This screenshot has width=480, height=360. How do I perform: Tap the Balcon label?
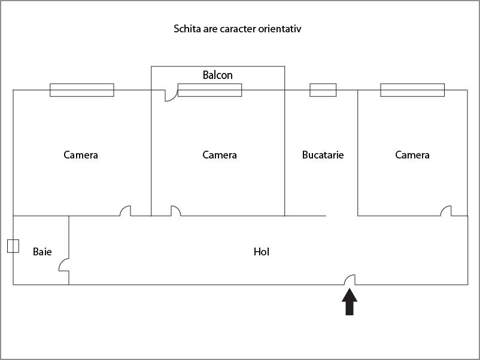pyautogui.click(x=217, y=75)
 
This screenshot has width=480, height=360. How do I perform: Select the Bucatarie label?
pyautogui.click(x=323, y=155)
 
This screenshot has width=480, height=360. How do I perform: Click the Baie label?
pyautogui.click(x=42, y=252)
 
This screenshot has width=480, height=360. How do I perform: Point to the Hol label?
pyautogui.click(x=262, y=252)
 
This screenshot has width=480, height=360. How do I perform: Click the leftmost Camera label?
pyautogui.click(x=81, y=155)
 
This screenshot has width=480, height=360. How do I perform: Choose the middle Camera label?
pyautogui.click(x=220, y=155)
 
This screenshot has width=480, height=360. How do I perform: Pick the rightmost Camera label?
pyautogui.click(x=412, y=155)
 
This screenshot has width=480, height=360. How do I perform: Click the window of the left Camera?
pyautogui.click(x=81, y=90)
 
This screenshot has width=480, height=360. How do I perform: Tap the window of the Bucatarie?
pyautogui.click(x=323, y=90)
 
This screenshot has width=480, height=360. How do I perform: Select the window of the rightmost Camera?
pyautogui.click(x=412, y=90)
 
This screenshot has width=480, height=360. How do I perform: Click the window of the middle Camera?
pyautogui.click(x=209, y=90)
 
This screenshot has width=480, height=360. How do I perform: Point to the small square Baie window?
pyautogui.click(x=13, y=246)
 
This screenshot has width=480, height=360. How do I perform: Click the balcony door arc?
pyautogui.click(x=171, y=96)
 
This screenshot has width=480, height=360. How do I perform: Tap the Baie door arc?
pyautogui.click(x=63, y=265)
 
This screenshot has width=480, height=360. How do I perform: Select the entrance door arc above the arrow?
pyautogui.click(x=350, y=279)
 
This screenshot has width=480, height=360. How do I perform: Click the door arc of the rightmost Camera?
pyautogui.click(x=446, y=210)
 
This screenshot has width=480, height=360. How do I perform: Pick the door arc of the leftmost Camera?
pyautogui.click(x=125, y=210)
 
